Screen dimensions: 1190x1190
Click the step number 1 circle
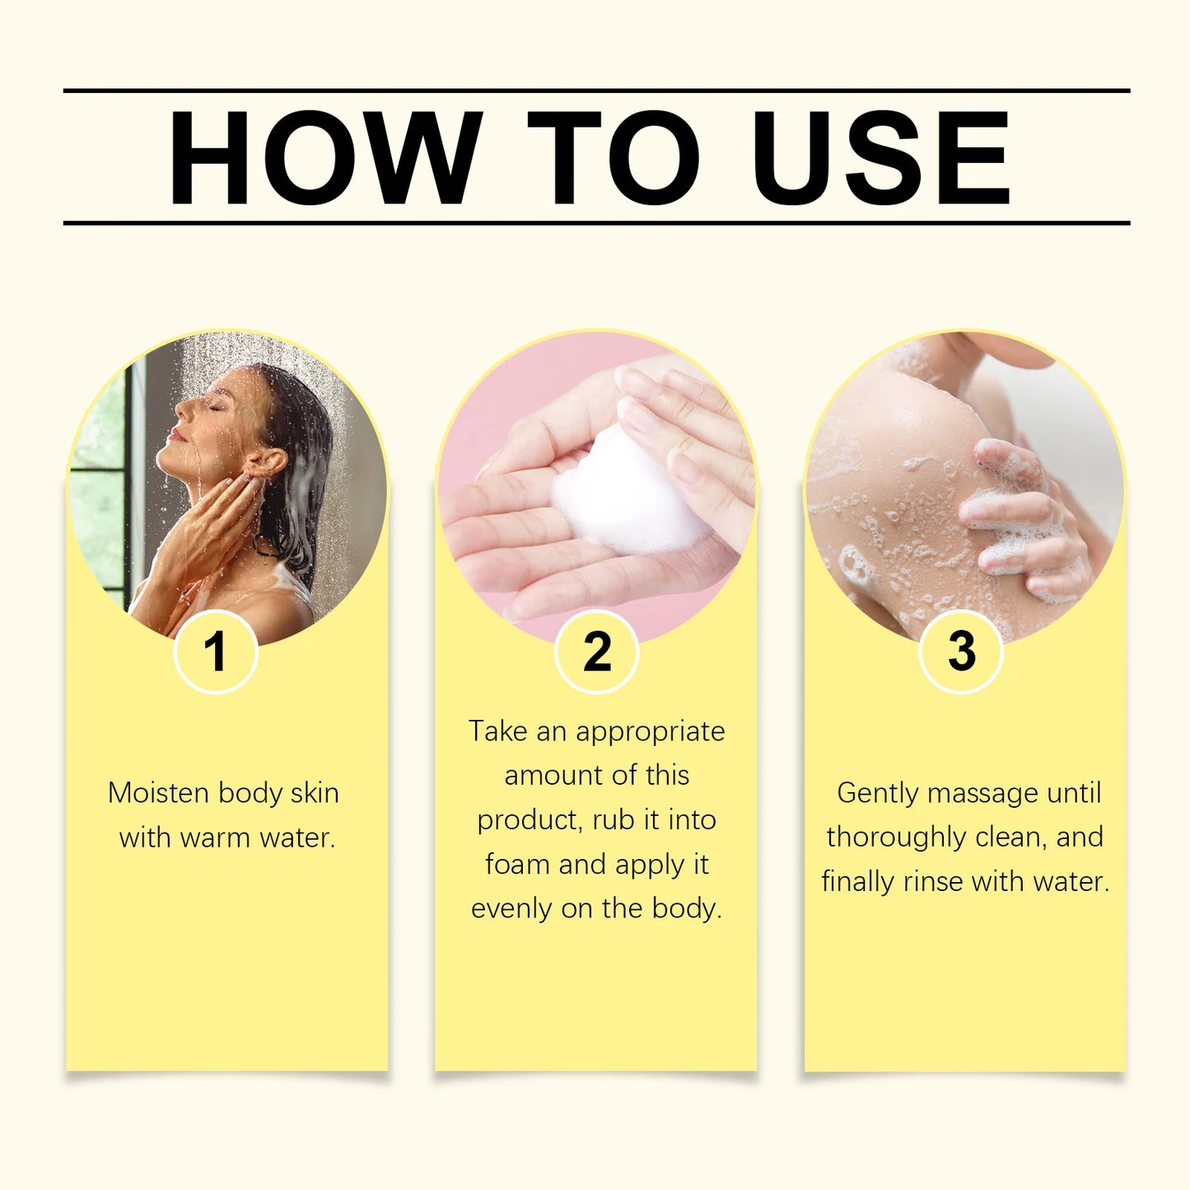tap(216, 651)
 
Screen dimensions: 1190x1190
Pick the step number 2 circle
tap(596, 651)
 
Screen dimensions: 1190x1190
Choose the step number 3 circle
tap(960, 651)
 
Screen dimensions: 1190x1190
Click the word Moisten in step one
tap(159, 793)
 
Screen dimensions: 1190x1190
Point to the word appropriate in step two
tap(651, 731)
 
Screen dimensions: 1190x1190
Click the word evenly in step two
tap(511, 908)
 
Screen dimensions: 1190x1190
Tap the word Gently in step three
tap(878, 793)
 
